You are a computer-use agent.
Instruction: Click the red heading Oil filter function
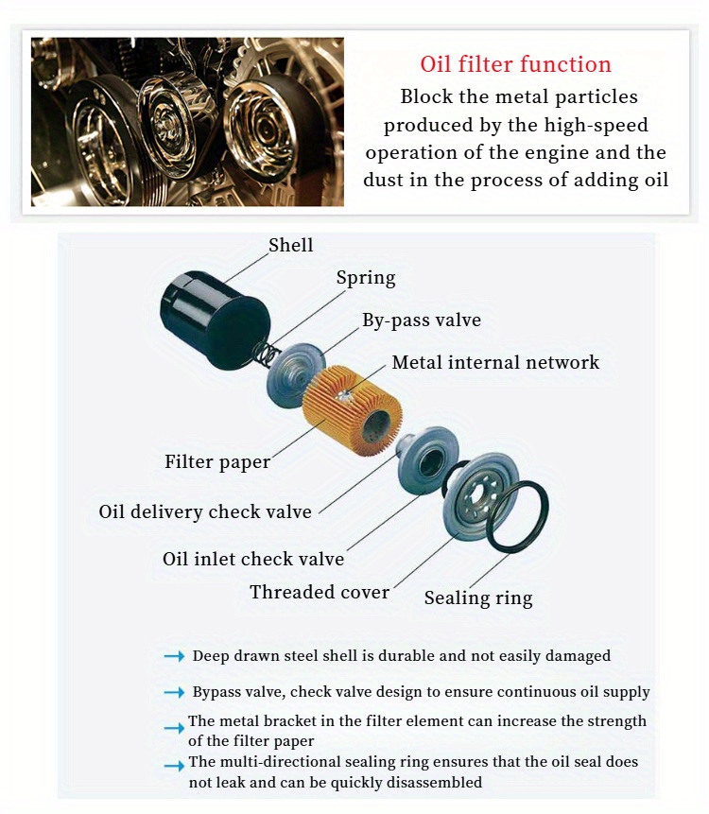click(515, 64)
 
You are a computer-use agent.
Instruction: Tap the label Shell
click(290, 245)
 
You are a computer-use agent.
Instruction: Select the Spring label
click(366, 278)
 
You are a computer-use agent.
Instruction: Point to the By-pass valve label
click(422, 320)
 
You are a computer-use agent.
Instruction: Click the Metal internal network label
click(495, 362)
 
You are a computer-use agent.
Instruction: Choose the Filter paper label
click(217, 462)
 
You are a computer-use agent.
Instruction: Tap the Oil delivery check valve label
click(205, 511)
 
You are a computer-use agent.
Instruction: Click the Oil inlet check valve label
click(253, 559)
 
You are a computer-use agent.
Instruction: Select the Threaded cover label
click(320, 593)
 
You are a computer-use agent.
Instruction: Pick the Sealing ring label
click(478, 598)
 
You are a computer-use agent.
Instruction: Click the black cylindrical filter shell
click(216, 320)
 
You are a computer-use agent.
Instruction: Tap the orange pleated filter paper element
click(353, 407)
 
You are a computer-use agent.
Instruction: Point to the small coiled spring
click(265, 354)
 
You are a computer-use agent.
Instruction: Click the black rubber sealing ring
click(518, 516)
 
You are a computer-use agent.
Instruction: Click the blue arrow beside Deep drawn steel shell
click(174, 657)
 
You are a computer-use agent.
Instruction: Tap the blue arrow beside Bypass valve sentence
click(174, 693)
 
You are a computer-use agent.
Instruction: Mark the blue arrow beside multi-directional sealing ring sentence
click(174, 766)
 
